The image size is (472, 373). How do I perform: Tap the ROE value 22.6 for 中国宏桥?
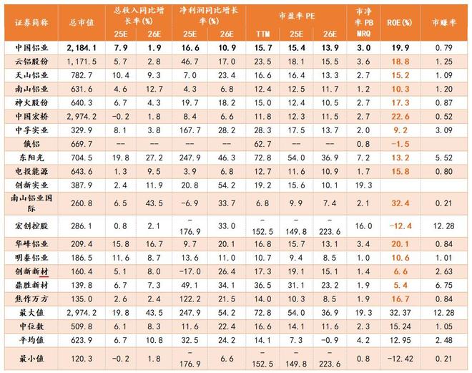pyautogui.click(x=401, y=116)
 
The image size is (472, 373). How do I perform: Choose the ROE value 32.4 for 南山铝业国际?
pyautogui.click(x=401, y=203)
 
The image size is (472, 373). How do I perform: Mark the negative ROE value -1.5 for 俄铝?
pyautogui.click(x=401, y=144)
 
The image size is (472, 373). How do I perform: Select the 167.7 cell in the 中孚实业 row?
pyautogui.click(x=190, y=130)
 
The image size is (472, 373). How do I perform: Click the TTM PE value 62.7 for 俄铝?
pyautogui.click(x=261, y=144)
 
